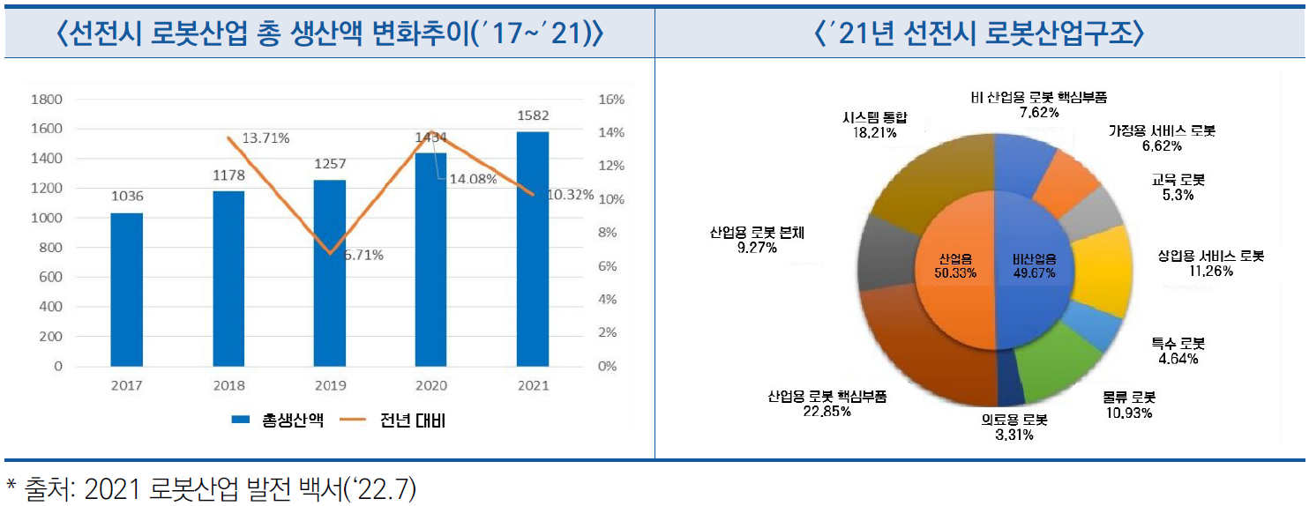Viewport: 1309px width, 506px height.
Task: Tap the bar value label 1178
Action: tap(228, 175)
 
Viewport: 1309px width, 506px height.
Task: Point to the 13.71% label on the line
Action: tap(266, 138)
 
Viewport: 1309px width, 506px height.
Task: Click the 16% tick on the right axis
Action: tap(611, 100)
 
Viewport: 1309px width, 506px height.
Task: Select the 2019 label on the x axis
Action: tap(329, 385)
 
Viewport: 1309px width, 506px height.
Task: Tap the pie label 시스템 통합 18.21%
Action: tap(875, 125)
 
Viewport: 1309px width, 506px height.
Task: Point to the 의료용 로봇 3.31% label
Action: tap(1014, 427)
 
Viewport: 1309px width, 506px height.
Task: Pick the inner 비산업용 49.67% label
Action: tap(1034, 266)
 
